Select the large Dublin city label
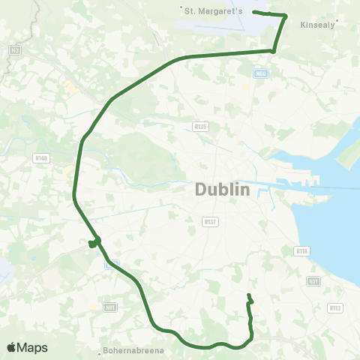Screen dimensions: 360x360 tap(223, 190)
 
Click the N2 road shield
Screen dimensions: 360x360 tap(14, 49)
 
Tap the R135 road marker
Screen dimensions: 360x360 tap(199, 126)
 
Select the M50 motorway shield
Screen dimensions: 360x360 tap(260, 73)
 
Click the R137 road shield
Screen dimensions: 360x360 tap(210, 221)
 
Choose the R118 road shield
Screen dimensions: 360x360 tap(302, 252)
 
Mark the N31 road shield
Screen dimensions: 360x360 tap(313, 281)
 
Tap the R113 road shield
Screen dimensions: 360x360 tap(335, 307)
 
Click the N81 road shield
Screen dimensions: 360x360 tap(110, 307)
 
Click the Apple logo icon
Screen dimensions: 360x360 tap(11, 347)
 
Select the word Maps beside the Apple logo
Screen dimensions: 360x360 tap(32, 347)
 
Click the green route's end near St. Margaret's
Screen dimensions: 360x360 tap(254, 12)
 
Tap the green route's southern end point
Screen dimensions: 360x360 tap(248, 295)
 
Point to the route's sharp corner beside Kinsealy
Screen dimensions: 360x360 tap(286, 16)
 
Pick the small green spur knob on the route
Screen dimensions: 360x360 tap(92, 243)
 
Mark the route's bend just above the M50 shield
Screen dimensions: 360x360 tap(273, 51)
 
